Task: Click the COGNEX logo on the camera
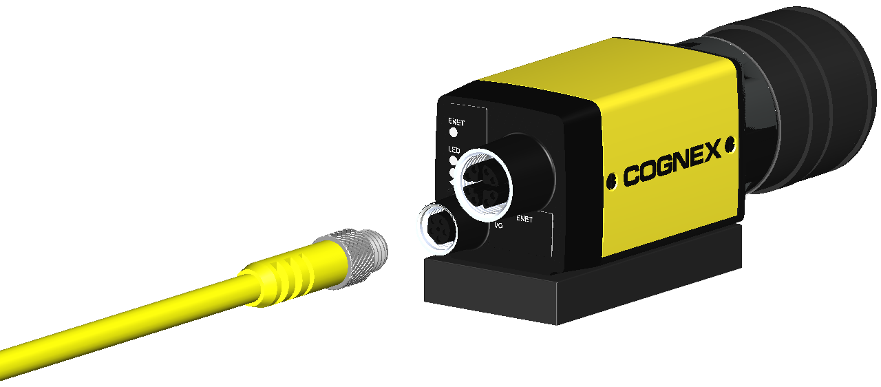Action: point(672,162)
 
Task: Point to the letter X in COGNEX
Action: point(711,151)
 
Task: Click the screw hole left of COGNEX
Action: point(611,181)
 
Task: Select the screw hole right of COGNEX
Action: point(730,145)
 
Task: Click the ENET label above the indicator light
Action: point(456,123)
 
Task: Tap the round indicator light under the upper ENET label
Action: point(454,132)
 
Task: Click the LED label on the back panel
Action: point(454,150)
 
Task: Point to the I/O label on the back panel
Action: point(498,225)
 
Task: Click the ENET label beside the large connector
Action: point(524,219)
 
